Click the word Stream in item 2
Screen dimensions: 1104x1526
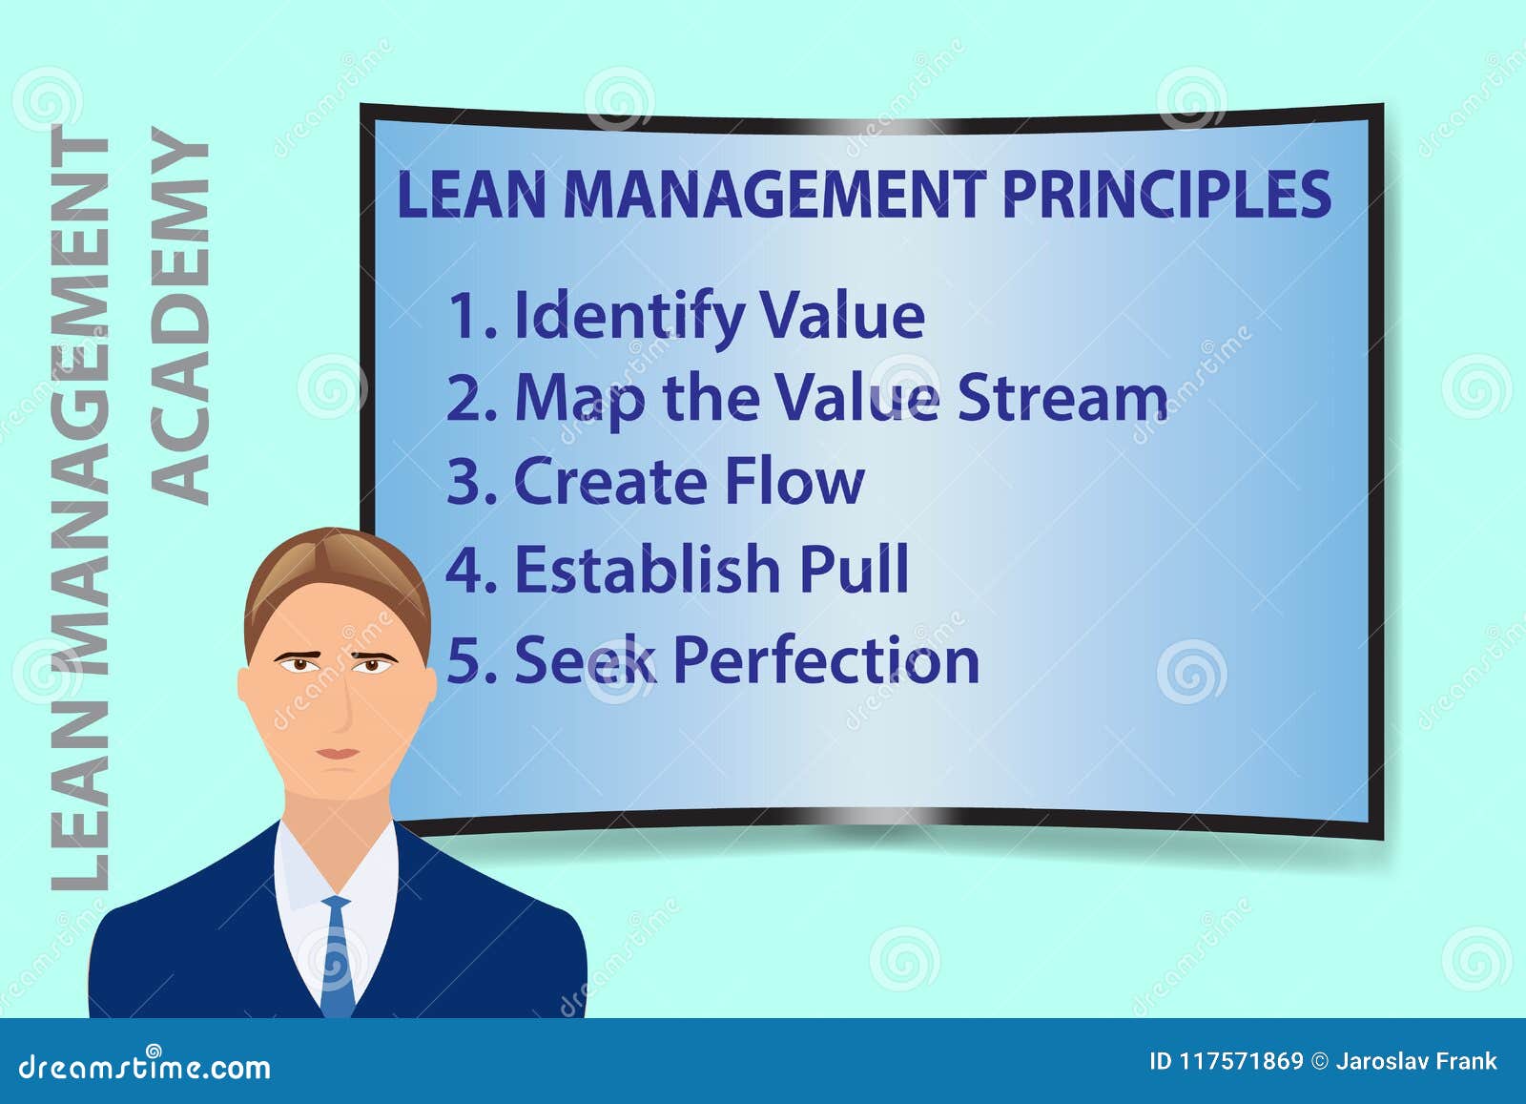click(1062, 398)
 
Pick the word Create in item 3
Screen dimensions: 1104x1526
click(610, 481)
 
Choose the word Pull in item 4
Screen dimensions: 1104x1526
click(854, 569)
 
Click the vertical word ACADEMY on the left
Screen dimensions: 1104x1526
click(180, 315)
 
